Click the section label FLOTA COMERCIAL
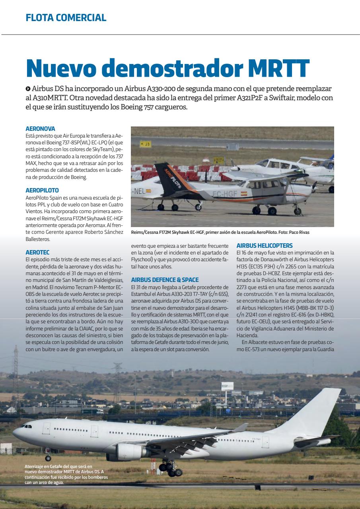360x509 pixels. click(x=66, y=17)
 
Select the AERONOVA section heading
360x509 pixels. click(x=40, y=129)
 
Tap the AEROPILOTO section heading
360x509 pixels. click(x=42, y=190)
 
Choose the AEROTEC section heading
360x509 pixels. click(x=37, y=252)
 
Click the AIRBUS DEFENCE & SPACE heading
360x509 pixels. click(x=165, y=280)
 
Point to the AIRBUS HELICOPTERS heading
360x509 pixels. click(x=265, y=245)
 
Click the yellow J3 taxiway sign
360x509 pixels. click(x=146, y=144)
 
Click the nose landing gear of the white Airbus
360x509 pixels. click(x=48, y=457)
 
